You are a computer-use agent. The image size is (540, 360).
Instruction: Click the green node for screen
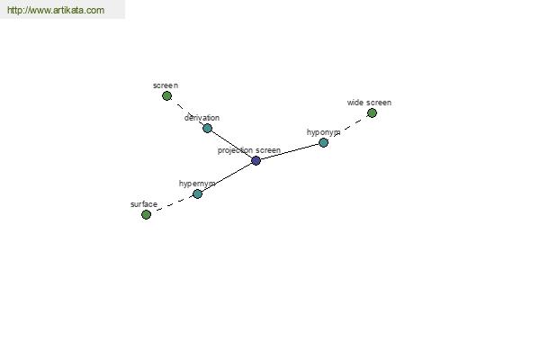tap(166, 95)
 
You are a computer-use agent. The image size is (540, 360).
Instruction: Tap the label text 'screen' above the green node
tap(166, 85)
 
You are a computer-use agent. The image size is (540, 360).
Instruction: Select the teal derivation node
tap(207, 128)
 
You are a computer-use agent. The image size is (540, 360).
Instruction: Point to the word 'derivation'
tap(202, 118)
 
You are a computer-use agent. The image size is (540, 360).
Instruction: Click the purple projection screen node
tap(256, 160)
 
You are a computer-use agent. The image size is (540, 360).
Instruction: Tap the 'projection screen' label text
tap(249, 150)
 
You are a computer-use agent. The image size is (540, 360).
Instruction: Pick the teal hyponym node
tap(323, 142)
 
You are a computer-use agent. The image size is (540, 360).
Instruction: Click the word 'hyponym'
tap(323, 132)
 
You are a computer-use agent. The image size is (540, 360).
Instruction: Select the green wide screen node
tap(372, 112)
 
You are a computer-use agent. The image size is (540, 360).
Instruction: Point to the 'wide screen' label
tap(369, 103)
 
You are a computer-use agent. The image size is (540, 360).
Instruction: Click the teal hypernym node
tap(197, 193)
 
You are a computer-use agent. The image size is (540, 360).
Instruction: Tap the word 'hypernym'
tap(197, 184)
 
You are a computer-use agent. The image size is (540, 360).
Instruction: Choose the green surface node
tap(146, 214)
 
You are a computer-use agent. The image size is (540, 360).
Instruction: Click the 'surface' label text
tap(144, 204)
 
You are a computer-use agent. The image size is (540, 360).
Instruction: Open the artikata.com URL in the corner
tap(56, 10)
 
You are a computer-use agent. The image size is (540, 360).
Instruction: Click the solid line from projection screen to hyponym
tap(290, 151)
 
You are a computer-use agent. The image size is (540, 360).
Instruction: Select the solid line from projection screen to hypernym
tap(227, 177)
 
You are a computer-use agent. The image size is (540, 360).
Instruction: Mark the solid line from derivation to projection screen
tap(231, 144)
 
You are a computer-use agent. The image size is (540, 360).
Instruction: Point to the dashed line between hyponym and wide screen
tap(347, 128)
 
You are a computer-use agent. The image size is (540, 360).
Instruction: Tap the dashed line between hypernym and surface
tap(172, 204)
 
